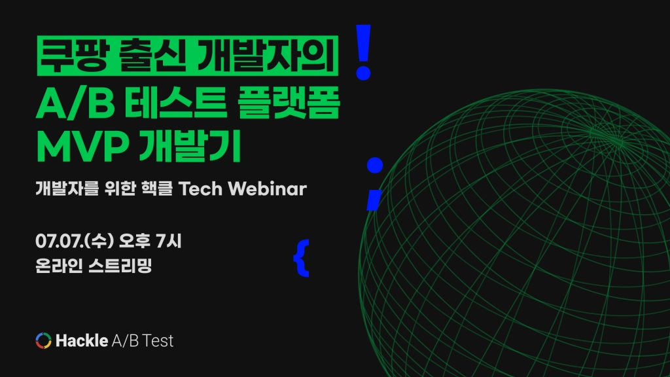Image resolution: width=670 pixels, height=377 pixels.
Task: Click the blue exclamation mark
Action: click(x=364, y=52)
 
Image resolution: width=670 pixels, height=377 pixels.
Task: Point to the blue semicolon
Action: click(x=374, y=184)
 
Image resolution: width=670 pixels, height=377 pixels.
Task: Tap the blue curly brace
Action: click(x=302, y=258)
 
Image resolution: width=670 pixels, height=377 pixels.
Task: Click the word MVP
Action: click(x=82, y=147)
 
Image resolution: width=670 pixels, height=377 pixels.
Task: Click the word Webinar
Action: click(x=268, y=188)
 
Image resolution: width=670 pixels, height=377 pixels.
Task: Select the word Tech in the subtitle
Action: click(x=200, y=188)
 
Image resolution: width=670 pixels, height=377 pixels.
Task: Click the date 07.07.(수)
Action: click(x=75, y=241)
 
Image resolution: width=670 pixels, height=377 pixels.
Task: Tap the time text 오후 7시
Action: click(x=150, y=241)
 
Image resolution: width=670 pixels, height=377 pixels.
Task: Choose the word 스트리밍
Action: click(x=120, y=266)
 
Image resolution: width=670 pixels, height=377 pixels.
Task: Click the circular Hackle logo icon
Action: click(x=44, y=340)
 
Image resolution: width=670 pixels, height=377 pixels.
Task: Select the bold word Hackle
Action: click(x=82, y=340)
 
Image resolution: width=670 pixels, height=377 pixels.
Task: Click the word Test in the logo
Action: click(x=158, y=340)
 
